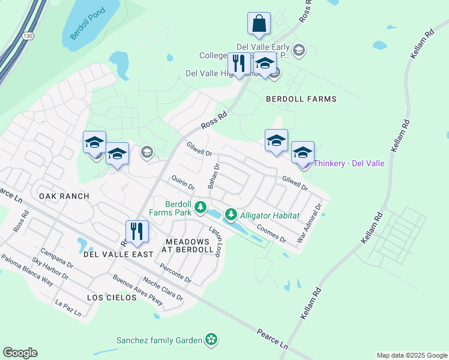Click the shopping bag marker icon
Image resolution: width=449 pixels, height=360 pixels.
[x=259, y=24]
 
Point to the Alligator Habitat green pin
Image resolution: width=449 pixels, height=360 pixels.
[x=231, y=214]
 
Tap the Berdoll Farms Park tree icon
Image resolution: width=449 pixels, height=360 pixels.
[x=203, y=208]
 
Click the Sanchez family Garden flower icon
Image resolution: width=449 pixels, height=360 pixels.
[x=211, y=340]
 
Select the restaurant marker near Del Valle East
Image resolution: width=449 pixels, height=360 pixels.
[x=137, y=232]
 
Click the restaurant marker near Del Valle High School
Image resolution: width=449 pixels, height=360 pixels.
[x=239, y=64]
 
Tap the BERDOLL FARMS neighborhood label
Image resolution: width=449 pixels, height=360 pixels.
[x=301, y=99]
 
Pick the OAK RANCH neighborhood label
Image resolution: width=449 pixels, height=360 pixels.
[x=64, y=196]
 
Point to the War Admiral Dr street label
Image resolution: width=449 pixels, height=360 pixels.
[x=310, y=223]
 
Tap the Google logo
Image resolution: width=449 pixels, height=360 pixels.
[x=20, y=353]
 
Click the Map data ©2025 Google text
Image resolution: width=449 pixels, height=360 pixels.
[x=412, y=355]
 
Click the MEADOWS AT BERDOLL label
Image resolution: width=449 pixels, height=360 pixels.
[x=189, y=245]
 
